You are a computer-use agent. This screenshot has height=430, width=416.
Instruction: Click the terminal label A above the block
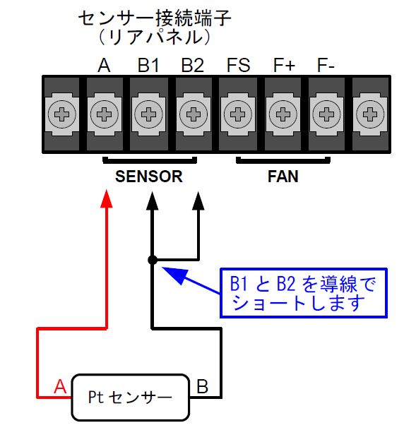coord(104,65)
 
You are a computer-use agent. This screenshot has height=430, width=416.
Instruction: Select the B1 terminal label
coord(148,65)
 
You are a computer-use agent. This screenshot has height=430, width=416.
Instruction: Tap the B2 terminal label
coord(193,65)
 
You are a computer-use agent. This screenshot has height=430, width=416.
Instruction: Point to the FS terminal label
coord(238,65)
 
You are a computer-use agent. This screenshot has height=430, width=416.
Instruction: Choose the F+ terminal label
coord(284,65)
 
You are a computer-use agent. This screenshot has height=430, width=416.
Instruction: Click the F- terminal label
coord(326,65)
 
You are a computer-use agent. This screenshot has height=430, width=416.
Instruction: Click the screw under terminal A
coord(105,114)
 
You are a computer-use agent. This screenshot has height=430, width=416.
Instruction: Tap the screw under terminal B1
coord(148,114)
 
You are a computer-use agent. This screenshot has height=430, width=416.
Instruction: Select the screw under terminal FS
coord(238,114)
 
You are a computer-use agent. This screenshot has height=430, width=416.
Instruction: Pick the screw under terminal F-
coord(326,114)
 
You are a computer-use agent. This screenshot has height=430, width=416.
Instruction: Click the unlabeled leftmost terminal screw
coord(62,114)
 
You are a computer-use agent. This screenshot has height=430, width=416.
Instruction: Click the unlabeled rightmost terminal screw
coord(370,114)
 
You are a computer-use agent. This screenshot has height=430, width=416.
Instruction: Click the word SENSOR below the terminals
coord(148,177)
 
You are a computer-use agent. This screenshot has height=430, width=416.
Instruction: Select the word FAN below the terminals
coord(283,177)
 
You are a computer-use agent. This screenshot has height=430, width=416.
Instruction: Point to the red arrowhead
coord(107,198)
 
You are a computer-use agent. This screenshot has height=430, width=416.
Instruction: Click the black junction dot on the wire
coord(153,260)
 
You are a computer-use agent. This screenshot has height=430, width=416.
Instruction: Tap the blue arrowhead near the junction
coord(174,275)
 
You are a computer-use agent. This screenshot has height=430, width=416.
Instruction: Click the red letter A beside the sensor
coord(60,387)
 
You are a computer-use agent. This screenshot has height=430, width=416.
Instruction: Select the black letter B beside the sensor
coord(203,387)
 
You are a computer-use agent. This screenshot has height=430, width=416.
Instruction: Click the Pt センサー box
coord(131,397)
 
